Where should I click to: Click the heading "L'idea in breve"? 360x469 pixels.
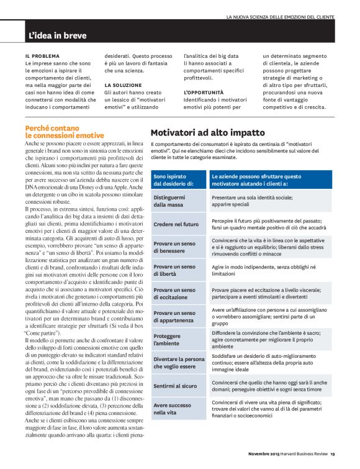pos(58,35)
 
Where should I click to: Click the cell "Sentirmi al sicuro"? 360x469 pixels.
pos(176,386)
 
